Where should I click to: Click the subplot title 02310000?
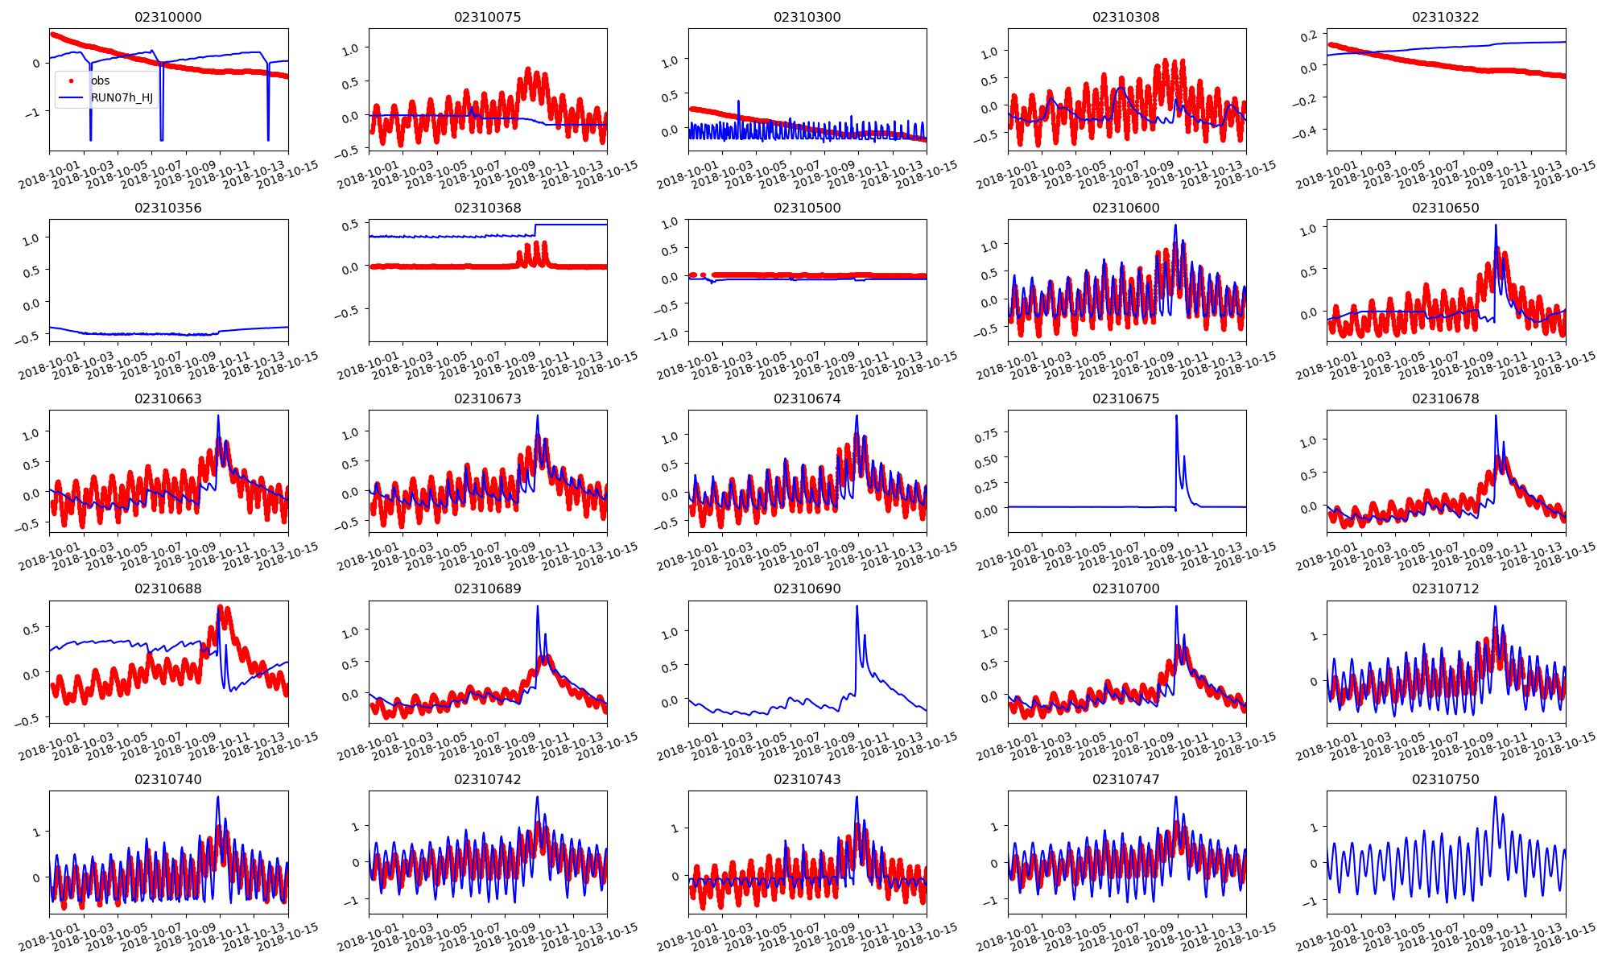(x=167, y=17)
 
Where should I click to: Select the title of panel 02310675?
(x=1126, y=398)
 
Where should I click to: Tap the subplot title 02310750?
(x=1445, y=779)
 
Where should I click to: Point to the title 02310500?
(x=807, y=208)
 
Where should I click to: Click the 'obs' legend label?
(x=100, y=80)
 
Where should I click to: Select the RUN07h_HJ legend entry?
(x=122, y=98)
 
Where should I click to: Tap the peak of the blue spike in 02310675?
(x=1176, y=416)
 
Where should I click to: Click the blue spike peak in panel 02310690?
(x=857, y=606)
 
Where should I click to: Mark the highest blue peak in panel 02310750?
(x=1495, y=797)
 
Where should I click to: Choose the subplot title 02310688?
(x=167, y=588)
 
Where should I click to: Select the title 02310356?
(x=167, y=208)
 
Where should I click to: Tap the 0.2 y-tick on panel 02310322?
(x=1310, y=35)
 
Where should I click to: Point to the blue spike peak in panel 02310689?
(x=538, y=606)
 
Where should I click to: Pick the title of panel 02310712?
(x=1445, y=588)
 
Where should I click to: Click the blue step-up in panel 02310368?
(x=535, y=229)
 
